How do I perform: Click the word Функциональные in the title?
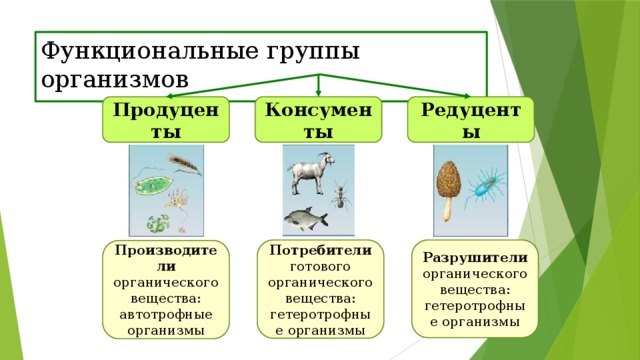150,51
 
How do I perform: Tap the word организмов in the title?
115,79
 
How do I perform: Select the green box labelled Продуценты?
166,120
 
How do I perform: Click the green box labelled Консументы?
318,120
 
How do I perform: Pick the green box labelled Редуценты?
471,120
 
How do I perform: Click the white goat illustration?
311,173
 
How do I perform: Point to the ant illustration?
340,195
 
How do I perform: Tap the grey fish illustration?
306,219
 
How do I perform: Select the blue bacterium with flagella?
485,187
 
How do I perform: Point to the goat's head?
327,159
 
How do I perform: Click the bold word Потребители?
320,250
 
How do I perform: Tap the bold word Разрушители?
475,258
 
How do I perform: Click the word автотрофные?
166,315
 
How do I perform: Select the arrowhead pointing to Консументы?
318,93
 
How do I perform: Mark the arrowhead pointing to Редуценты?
466,96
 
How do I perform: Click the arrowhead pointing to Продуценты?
171,96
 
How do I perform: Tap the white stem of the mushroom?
448,210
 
